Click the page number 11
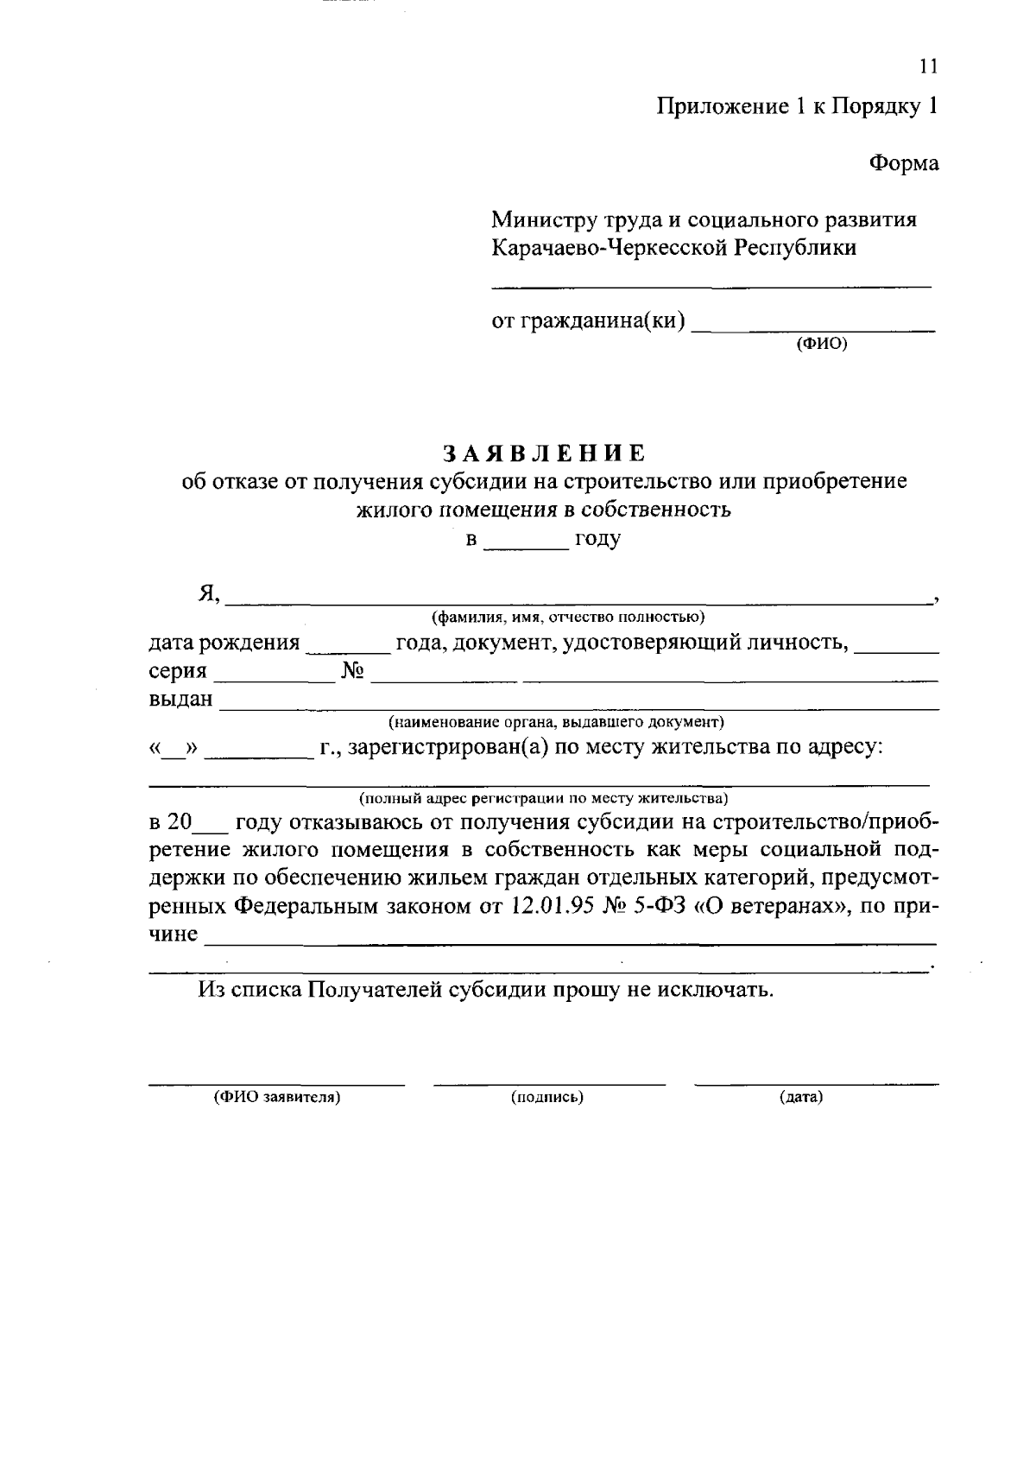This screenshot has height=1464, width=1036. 928,67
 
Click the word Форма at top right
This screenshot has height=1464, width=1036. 903,163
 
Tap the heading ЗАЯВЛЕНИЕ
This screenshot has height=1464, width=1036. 544,453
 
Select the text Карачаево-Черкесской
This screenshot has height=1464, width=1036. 610,248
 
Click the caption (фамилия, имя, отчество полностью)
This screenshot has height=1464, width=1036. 569,617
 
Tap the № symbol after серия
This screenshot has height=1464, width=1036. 352,671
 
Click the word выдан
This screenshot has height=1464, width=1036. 180,699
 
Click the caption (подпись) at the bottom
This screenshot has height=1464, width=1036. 547,1098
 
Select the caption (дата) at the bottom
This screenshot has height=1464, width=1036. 800,1098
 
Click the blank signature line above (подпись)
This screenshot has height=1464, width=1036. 549,1082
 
